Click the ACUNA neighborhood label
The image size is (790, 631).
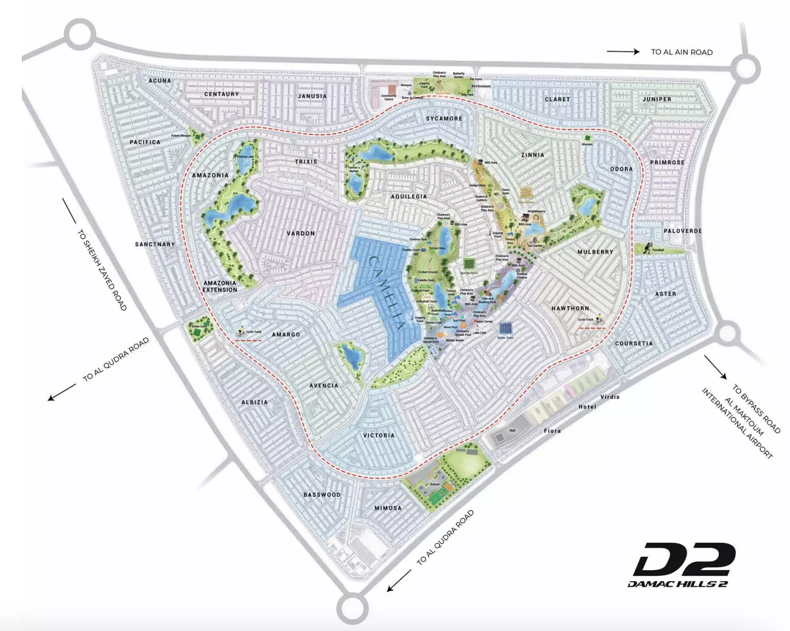pos(160,81)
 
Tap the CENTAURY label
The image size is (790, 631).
pos(221,94)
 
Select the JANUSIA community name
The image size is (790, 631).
pos(312,96)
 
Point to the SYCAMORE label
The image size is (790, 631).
pos(444,119)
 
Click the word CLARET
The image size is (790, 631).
pos(557,99)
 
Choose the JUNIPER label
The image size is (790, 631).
pos(656,99)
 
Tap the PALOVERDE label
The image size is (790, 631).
pos(682,231)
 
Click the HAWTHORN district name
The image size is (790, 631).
pos(570,308)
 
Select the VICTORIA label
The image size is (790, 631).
pos(378,435)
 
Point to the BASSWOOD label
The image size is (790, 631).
pos(322,495)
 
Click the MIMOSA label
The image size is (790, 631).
pos(388,508)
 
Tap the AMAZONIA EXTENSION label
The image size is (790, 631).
pos(220,286)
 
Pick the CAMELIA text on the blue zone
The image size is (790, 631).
pos(387,292)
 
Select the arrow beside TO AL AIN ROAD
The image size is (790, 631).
pos(623,51)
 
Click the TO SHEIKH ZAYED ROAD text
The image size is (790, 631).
pos(102,270)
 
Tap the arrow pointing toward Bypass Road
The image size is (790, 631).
pos(715,366)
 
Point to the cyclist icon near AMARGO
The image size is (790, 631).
pos(241,332)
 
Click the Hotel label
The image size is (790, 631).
pos(587,406)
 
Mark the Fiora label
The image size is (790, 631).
pos(552,430)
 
